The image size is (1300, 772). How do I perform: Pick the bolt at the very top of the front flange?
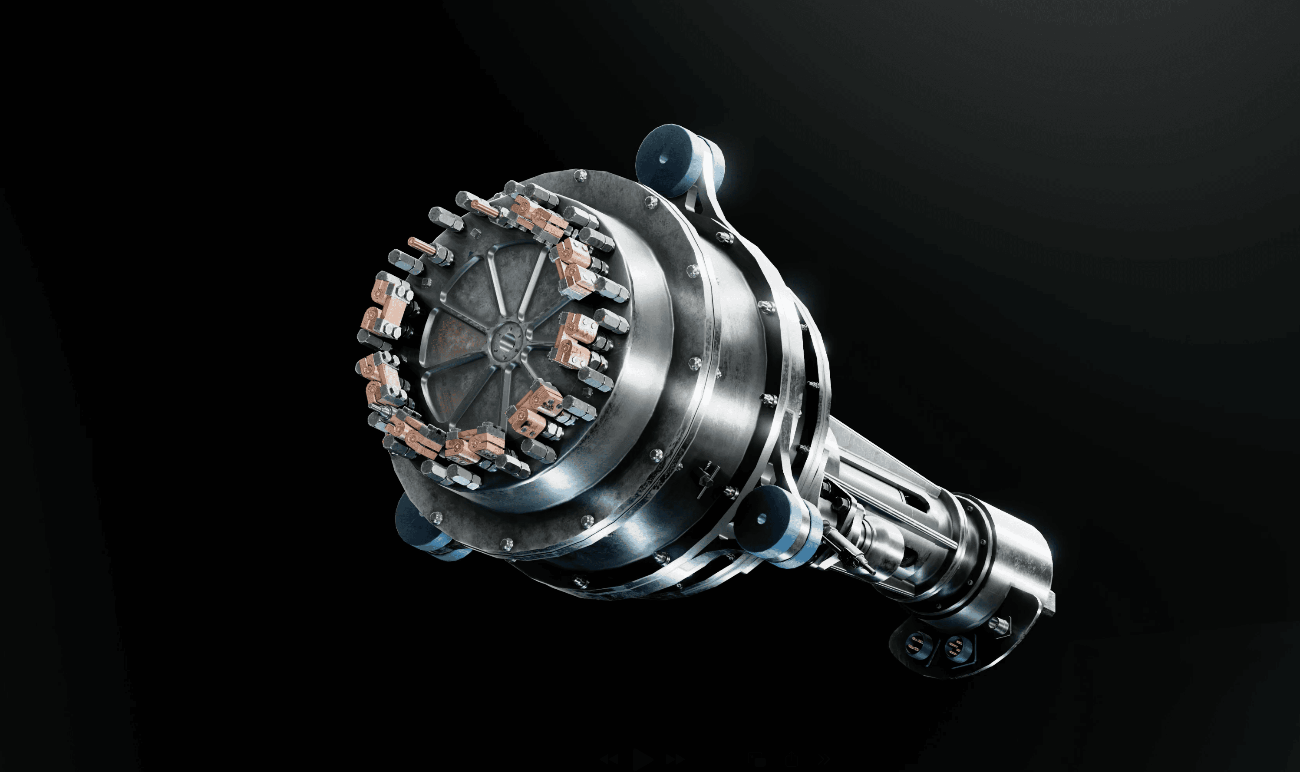coord(580,175)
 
